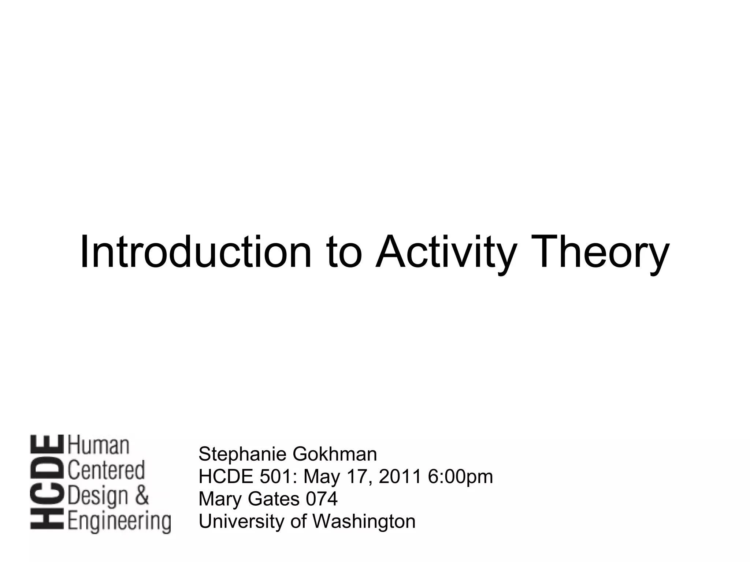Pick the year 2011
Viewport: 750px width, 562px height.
coord(400,476)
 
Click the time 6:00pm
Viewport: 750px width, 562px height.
coord(460,477)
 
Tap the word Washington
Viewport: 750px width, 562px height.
coord(364,521)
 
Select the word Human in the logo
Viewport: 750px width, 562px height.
coord(99,445)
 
